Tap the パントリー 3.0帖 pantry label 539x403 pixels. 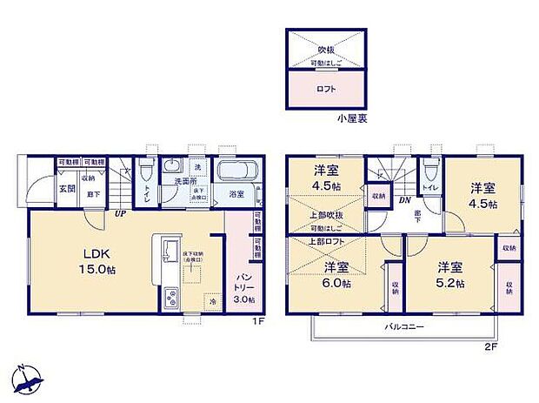tap(244, 287)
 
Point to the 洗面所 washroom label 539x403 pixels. tap(179, 181)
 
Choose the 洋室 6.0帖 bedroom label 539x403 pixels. tap(335, 275)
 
